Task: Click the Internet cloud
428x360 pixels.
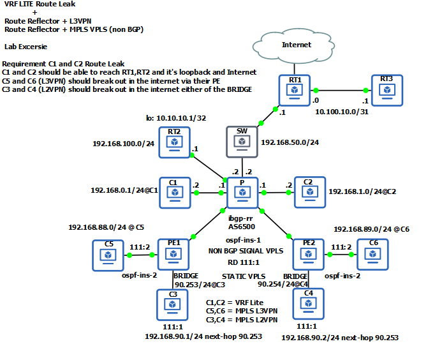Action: click(x=297, y=45)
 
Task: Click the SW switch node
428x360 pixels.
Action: click(x=242, y=141)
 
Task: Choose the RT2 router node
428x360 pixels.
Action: click(x=173, y=141)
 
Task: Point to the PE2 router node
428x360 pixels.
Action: click(x=308, y=254)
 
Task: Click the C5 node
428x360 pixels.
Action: click(x=108, y=254)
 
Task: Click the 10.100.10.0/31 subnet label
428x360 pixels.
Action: click(x=343, y=111)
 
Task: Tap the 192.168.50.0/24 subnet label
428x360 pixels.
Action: click(x=291, y=142)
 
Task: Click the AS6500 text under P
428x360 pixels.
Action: click(x=242, y=226)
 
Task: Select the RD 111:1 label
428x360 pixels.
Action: click(x=240, y=262)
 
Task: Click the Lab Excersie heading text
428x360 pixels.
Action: click(x=27, y=47)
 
